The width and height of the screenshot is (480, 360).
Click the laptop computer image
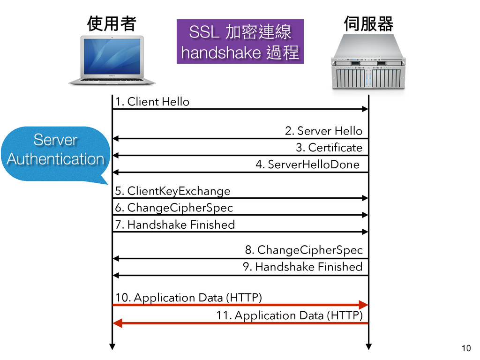click(112, 60)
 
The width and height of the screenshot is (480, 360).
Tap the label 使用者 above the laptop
click(112, 24)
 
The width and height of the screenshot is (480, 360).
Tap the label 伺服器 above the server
click(368, 23)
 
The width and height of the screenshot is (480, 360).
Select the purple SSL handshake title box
click(240, 42)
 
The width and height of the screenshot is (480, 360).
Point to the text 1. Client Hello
click(152, 102)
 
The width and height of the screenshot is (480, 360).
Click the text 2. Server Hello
click(323, 131)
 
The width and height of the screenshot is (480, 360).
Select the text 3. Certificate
click(329, 148)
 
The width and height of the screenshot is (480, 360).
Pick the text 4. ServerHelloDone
click(307, 165)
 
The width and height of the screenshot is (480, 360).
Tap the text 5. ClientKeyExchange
click(173, 191)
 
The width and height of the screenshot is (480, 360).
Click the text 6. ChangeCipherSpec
click(174, 208)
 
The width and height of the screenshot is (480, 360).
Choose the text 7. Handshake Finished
click(175, 225)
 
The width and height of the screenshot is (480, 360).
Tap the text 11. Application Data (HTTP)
click(289, 315)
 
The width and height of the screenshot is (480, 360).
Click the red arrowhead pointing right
click(363, 305)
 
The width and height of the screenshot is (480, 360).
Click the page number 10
click(466, 348)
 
